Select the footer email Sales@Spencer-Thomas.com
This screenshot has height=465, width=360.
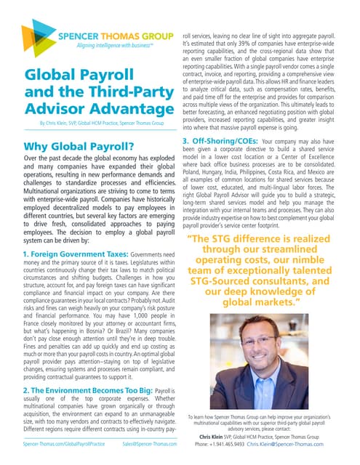pos(150,443)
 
